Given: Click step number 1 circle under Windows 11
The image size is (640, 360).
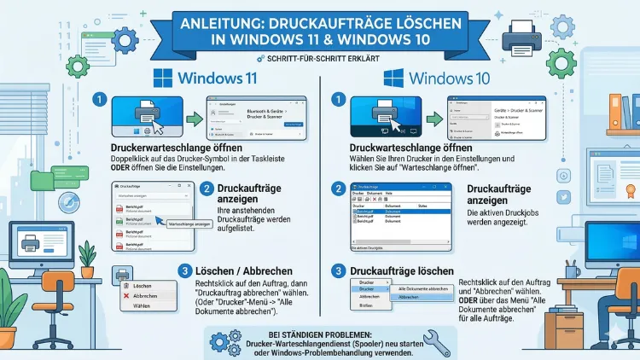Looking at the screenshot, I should tap(101, 101).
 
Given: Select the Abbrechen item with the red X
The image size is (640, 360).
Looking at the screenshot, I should tap(141, 294).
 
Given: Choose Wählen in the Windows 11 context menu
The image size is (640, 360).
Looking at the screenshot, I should tap(141, 305).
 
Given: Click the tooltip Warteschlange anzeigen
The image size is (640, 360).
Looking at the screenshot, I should tap(191, 223).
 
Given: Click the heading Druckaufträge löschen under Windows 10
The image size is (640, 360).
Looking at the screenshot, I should tap(402, 270).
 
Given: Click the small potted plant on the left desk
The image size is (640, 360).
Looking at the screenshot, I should tap(86, 253).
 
